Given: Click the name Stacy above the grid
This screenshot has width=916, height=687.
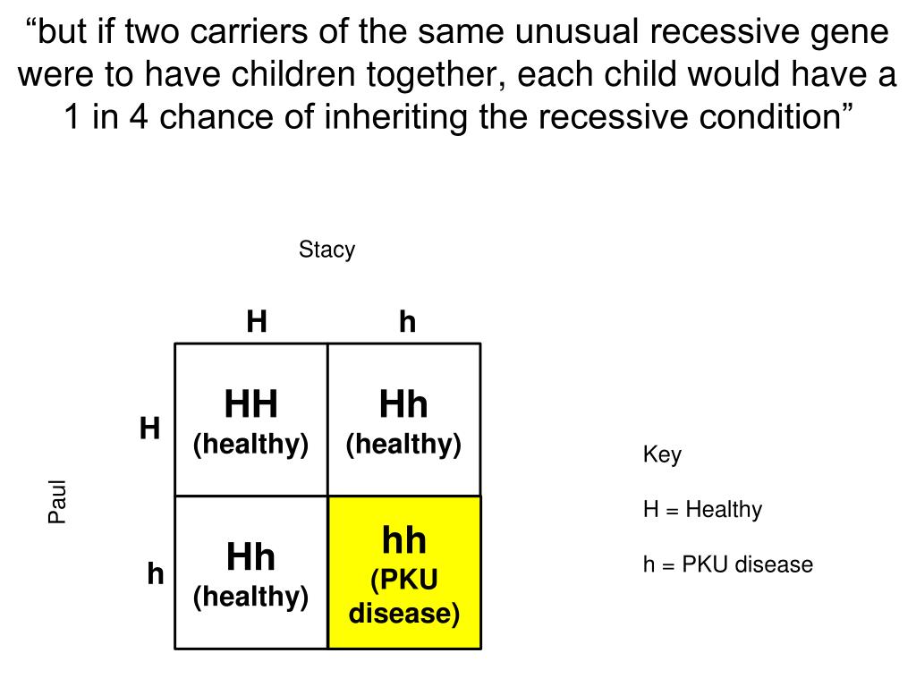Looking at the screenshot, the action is pyautogui.click(x=327, y=250).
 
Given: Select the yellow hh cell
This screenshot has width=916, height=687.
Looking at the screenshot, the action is pyautogui.click(x=404, y=572).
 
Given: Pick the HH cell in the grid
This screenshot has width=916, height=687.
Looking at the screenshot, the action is pyautogui.click(x=251, y=420).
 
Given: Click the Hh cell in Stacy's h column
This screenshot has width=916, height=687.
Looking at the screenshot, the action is pyautogui.click(x=404, y=420).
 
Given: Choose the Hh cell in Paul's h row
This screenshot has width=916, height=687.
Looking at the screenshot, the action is pyautogui.click(x=251, y=572).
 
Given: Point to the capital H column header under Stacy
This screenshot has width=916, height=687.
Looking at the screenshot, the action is pyautogui.click(x=257, y=321).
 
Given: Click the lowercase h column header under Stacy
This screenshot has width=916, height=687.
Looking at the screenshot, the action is pyautogui.click(x=408, y=321).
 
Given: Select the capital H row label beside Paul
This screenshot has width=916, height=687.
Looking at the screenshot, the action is pyautogui.click(x=149, y=429).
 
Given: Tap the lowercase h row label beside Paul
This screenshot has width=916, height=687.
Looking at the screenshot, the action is pyautogui.click(x=156, y=574).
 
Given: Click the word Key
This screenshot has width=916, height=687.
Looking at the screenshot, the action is pyautogui.click(x=662, y=454).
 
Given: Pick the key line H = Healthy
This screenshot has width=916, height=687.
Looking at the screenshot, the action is pyautogui.click(x=702, y=510).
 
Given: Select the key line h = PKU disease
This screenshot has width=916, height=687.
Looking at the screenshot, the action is pyautogui.click(x=727, y=565).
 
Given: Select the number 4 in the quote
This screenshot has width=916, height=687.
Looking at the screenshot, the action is pyautogui.click(x=138, y=117).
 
